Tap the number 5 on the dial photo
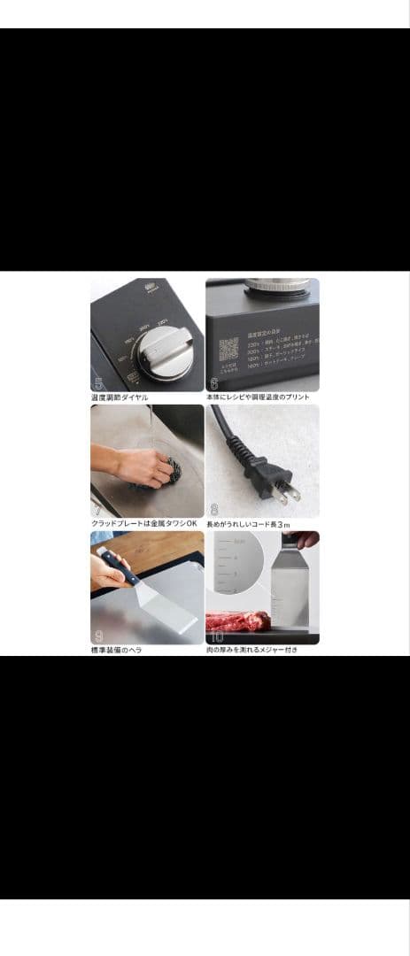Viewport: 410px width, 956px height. [x=99, y=383]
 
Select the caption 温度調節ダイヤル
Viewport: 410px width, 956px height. [x=120, y=397]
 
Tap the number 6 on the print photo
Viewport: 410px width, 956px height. [x=214, y=383]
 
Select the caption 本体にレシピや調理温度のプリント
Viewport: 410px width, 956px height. [x=258, y=397]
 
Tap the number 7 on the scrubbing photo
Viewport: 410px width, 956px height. [x=98, y=510]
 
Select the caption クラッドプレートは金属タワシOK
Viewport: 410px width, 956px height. [x=143, y=524]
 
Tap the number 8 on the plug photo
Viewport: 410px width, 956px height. [x=214, y=510]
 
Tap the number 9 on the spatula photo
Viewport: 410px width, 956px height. [x=99, y=636]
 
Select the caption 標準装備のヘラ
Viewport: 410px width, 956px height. [x=116, y=651]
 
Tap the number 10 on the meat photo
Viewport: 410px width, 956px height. [x=217, y=636]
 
